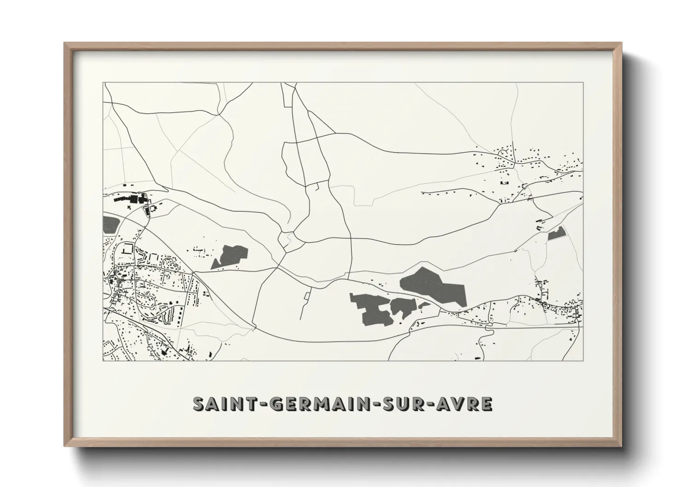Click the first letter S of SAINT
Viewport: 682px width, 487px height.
199,404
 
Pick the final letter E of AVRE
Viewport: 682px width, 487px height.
487,404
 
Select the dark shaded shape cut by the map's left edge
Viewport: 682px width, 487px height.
110,224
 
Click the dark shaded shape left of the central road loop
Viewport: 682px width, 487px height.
229,256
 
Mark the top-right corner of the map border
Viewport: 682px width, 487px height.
583,83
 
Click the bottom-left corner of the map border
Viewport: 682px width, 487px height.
103,360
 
